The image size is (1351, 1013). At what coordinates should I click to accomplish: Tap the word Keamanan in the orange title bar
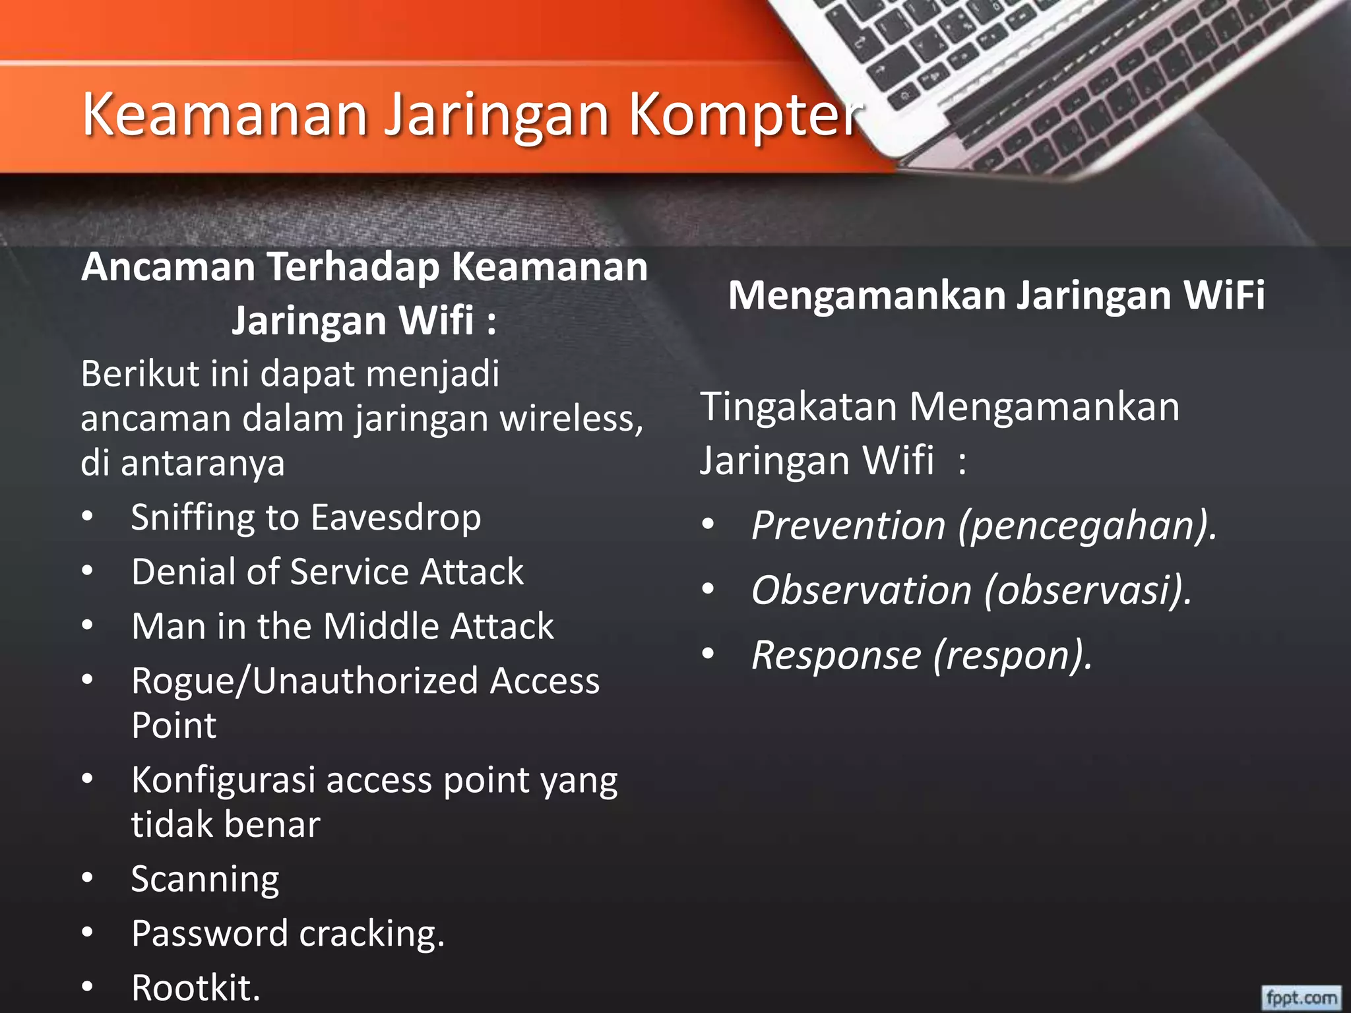point(224,115)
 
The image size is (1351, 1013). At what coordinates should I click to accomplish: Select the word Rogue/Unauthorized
point(304,681)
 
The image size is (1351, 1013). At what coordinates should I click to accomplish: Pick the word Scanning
point(205,880)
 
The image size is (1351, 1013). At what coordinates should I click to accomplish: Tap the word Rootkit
point(195,988)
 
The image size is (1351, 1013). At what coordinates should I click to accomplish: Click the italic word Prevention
point(849,526)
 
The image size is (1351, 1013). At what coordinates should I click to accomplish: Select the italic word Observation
point(862,590)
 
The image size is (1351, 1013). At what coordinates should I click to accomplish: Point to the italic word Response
point(836,655)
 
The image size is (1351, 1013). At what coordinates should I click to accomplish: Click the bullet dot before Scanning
point(88,878)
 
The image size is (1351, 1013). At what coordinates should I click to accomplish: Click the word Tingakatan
point(799,407)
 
